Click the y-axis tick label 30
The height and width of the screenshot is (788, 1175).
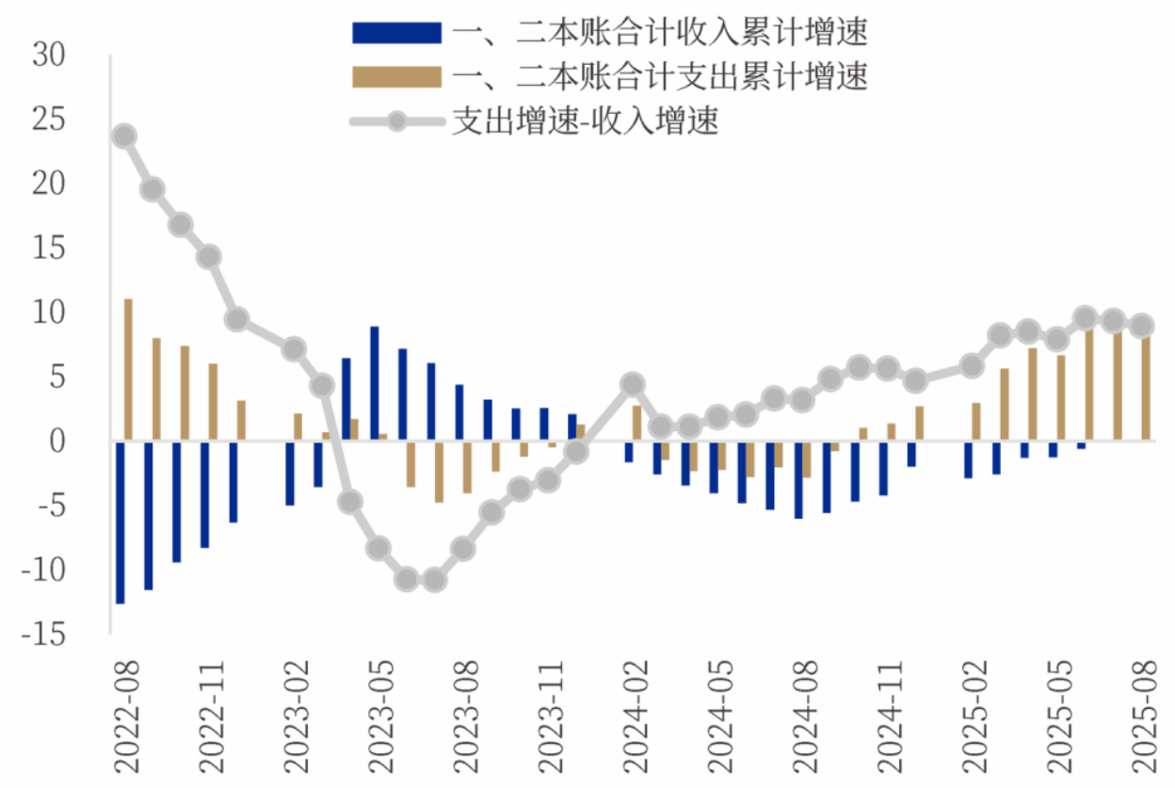click(48, 56)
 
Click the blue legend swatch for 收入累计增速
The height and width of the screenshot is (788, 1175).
click(396, 33)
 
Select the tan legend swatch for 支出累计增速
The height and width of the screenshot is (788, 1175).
click(396, 77)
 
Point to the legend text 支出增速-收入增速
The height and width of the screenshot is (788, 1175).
click(585, 121)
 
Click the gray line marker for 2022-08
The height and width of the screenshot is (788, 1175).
click(123, 137)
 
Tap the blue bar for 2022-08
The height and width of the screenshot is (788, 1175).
click(120, 522)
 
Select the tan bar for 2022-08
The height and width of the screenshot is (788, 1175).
click(129, 369)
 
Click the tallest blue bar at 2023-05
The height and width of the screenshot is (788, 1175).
click(374, 383)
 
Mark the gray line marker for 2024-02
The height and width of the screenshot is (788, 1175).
click(633, 384)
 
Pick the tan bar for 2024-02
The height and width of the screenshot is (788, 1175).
click(637, 423)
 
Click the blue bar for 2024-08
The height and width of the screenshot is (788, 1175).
click(798, 479)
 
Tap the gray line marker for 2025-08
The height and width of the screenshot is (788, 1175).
click(1141, 327)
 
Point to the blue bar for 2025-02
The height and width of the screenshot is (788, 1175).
click(968, 458)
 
